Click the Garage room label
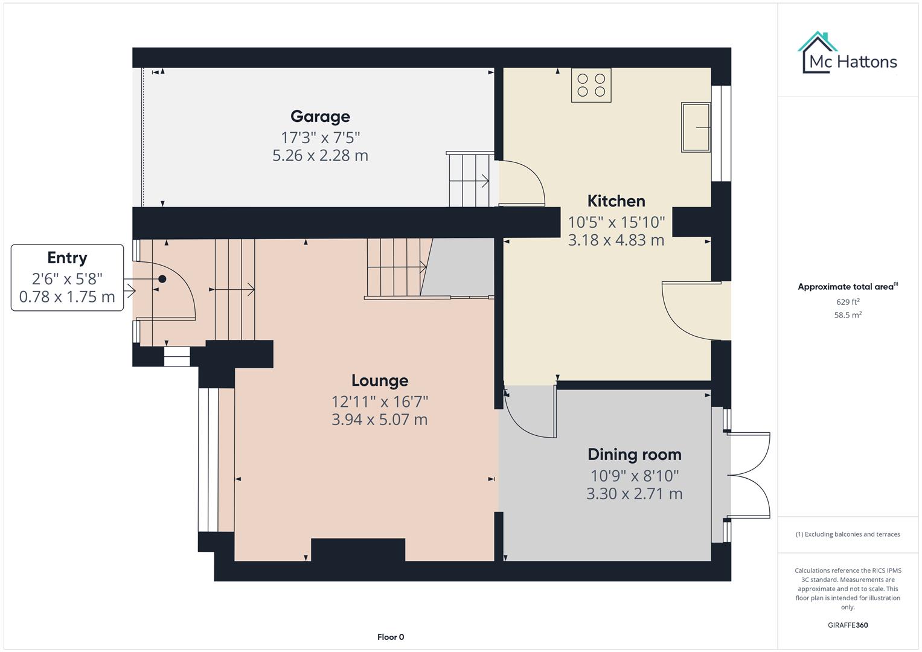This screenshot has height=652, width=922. (320, 117)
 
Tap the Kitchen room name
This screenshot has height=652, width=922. (616, 201)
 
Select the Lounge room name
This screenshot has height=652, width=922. (380, 381)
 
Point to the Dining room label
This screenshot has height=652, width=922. (634, 455)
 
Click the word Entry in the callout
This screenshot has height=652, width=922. (67, 258)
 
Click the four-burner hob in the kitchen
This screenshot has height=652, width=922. (591, 85)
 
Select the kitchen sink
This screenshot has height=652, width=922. (696, 127)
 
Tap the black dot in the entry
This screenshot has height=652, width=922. (162, 279)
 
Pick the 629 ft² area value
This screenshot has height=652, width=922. (848, 302)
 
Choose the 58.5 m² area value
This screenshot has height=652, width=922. (848, 315)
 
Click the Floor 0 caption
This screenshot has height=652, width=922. (391, 637)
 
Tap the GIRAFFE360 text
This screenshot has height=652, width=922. (848, 625)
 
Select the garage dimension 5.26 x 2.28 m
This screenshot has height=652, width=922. (320, 156)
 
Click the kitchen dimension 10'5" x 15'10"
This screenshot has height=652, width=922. (616, 222)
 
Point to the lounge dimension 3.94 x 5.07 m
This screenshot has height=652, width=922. (380, 420)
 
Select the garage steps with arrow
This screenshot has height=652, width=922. (469, 180)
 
